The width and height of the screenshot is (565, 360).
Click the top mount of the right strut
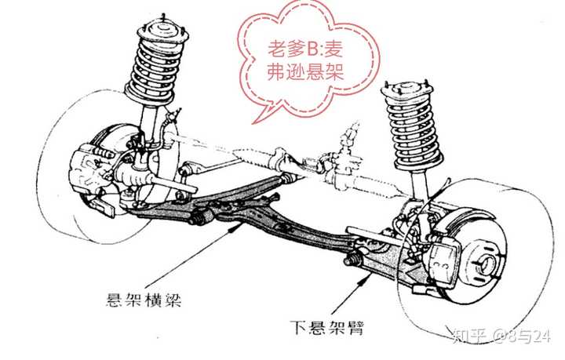[406, 82]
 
